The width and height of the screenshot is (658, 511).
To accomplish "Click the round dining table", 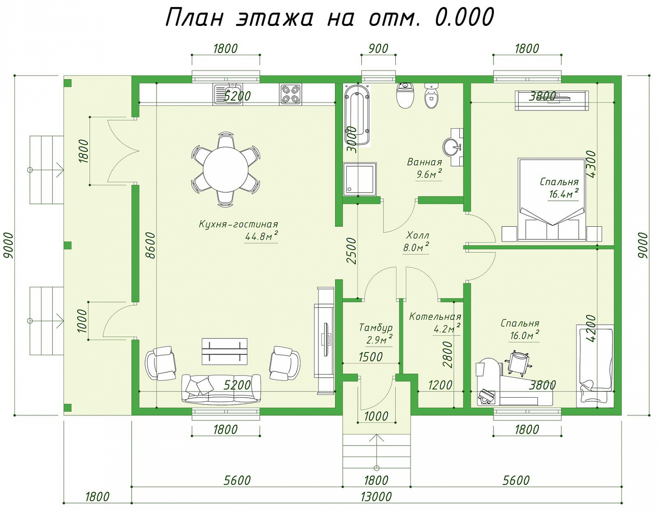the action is tap(225, 169).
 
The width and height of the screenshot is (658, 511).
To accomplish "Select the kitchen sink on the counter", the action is tap(227, 94).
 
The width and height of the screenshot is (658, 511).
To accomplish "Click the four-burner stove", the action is tap(291, 94).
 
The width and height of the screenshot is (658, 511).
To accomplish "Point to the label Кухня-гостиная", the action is tap(238, 225).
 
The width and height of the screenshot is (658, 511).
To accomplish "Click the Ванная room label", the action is tap(424, 162).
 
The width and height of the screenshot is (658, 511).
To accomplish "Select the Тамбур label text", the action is tap(376, 328).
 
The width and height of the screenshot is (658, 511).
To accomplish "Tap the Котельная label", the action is tap(435, 317).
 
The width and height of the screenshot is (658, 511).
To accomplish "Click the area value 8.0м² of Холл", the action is tap(415, 247).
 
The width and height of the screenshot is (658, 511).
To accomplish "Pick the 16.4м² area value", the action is tap(564, 193).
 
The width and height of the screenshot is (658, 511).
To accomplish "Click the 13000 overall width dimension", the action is tap(376, 497).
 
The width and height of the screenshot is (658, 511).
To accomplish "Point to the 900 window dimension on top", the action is tap(379, 48).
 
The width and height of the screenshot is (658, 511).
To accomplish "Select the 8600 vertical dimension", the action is tap(150, 245).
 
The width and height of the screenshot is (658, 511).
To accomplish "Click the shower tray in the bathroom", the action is tap(360, 179).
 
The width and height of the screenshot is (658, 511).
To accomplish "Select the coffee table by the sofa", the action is tap(225, 352).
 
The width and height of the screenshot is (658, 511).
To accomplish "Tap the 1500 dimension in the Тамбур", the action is tap(370, 357).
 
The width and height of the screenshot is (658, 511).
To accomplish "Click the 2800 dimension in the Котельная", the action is tap(447, 355).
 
